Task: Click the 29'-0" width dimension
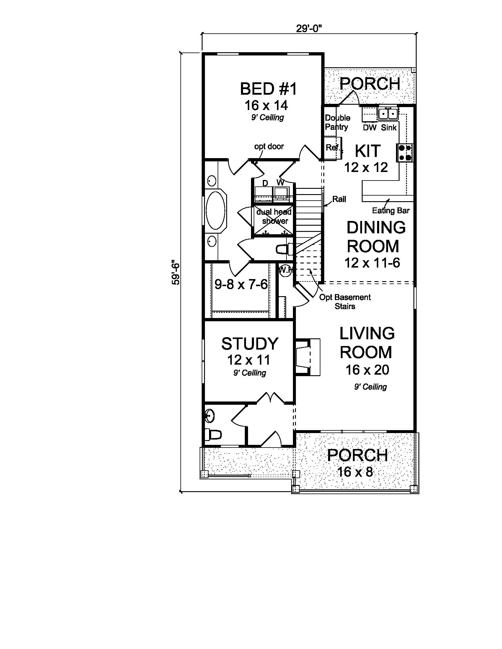click(309, 28)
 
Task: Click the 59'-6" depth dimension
click(176, 273)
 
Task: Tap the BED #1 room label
click(268, 89)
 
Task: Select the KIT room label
click(368, 151)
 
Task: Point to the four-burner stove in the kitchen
click(405, 153)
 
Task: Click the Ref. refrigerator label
click(333, 147)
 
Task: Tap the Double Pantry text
click(337, 122)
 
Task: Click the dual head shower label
click(274, 216)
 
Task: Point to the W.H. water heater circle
click(286, 271)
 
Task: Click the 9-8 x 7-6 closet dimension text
click(241, 285)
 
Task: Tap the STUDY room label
click(250, 343)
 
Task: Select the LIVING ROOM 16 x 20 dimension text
click(367, 370)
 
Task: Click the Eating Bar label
click(391, 211)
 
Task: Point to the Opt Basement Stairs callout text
click(345, 301)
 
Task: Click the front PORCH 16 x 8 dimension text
click(355, 472)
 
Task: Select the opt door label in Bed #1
click(269, 147)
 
